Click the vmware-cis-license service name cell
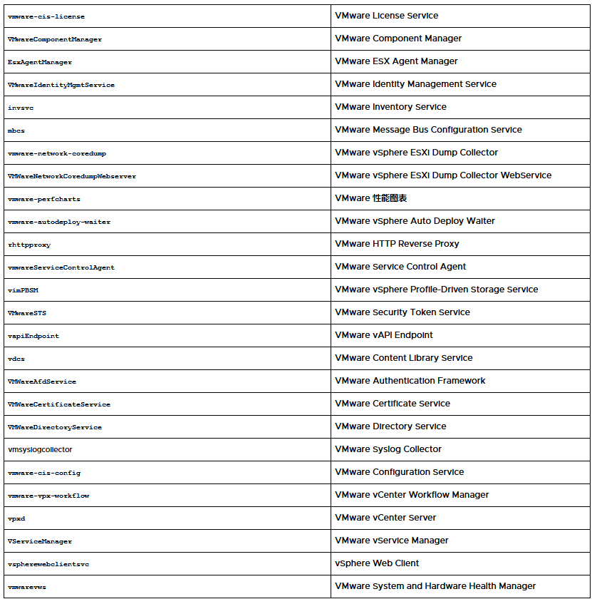[x=46, y=16]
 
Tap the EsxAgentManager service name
[x=40, y=62]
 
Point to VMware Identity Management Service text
[x=415, y=84]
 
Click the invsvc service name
[x=21, y=108]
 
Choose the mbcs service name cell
[x=16, y=130]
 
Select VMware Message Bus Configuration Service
[x=428, y=130]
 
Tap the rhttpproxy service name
[x=29, y=245]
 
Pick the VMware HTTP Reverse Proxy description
[x=397, y=244]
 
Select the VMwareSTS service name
[x=27, y=313]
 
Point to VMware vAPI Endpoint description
[x=384, y=335]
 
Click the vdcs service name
[x=16, y=359]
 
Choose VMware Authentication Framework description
[x=410, y=381]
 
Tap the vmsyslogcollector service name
[x=40, y=450]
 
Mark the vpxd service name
[x=16, y=518]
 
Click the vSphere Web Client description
[x=377, y=563]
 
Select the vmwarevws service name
[x=27, y=587]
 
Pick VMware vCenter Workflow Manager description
[x=412, y=495]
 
